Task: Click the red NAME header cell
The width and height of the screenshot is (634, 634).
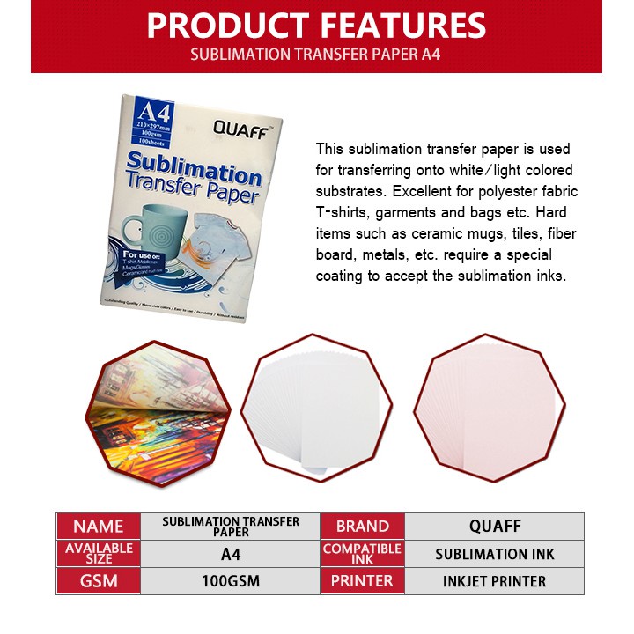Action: tap(99, 527)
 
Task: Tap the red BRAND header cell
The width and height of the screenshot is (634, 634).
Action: tap(362, 527)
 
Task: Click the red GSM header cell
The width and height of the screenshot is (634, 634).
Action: tap(99, 581)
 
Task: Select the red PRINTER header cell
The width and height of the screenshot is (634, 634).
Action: tap(362, 581)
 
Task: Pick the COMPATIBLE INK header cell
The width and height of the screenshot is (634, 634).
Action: tap(362, 554)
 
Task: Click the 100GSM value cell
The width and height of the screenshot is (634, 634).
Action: tap(230, 581)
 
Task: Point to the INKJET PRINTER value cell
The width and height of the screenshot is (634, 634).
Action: tap(494, 581)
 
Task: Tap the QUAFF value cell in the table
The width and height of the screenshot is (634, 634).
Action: tap(494, 527)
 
